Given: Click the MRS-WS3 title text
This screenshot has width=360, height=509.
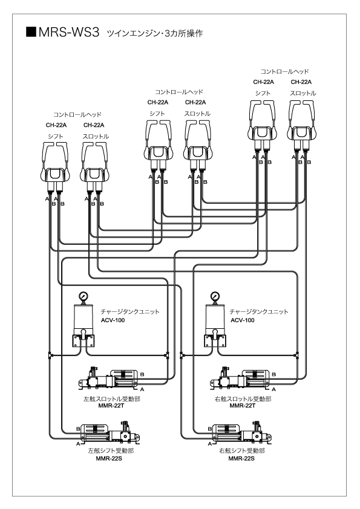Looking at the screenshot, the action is (x=68, y=33).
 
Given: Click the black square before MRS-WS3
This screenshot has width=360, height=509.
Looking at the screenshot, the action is (x=31, y=32).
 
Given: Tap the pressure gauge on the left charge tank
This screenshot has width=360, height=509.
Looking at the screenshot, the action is (x=83, y=297).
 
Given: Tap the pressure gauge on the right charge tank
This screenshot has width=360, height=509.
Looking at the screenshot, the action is (x=215, y=297).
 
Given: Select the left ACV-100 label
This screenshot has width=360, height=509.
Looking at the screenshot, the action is (x=113, y=320).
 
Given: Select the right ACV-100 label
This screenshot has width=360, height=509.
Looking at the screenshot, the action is (x=243, y=320).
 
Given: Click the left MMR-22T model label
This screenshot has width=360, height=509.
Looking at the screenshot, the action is (x=111, y=406).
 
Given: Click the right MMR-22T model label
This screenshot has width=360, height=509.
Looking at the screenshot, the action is (x=243, y=406).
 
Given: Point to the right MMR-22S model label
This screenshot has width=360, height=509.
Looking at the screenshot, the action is (x=241, y=459).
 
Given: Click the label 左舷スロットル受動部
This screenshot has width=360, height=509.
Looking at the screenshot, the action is (x=112, y=399).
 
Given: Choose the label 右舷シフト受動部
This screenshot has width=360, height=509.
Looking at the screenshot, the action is (x=242, y=451).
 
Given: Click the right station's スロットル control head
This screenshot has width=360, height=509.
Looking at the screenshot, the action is (x=302, y=126).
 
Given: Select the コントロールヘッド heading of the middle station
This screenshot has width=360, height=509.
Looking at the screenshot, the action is (x=179, y=92).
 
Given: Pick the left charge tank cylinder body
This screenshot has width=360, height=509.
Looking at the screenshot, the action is (x=83, y=317).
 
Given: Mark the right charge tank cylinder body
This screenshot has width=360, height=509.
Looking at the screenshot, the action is (x=215, y=317).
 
